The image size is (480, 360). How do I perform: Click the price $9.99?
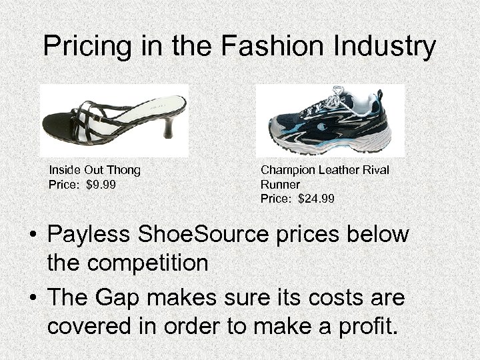coord(101,184)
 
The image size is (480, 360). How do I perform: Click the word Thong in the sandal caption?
coord(124,170)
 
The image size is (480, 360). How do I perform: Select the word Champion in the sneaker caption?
coord(285,170)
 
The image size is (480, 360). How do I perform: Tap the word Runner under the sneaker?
coord(280,185)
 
